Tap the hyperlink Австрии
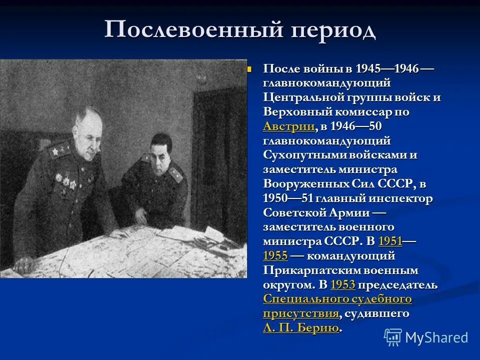[289, 126]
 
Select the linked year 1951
[390, 241]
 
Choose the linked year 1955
[275, 256]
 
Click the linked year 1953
[343, 285]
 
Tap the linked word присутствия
[300, 313]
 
